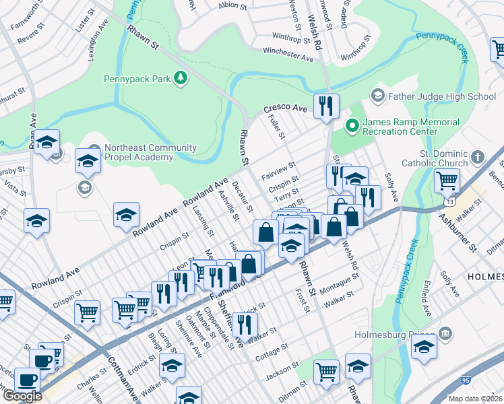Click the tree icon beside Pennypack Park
[x=180, y=79]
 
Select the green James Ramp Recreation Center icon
[x=350, y=125]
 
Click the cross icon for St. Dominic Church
[x=477, y=157]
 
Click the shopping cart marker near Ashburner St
[x=447, y=182]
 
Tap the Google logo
[x=22, y=396]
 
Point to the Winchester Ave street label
[x=288, y=54]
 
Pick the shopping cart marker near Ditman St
[x=326, y=370]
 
